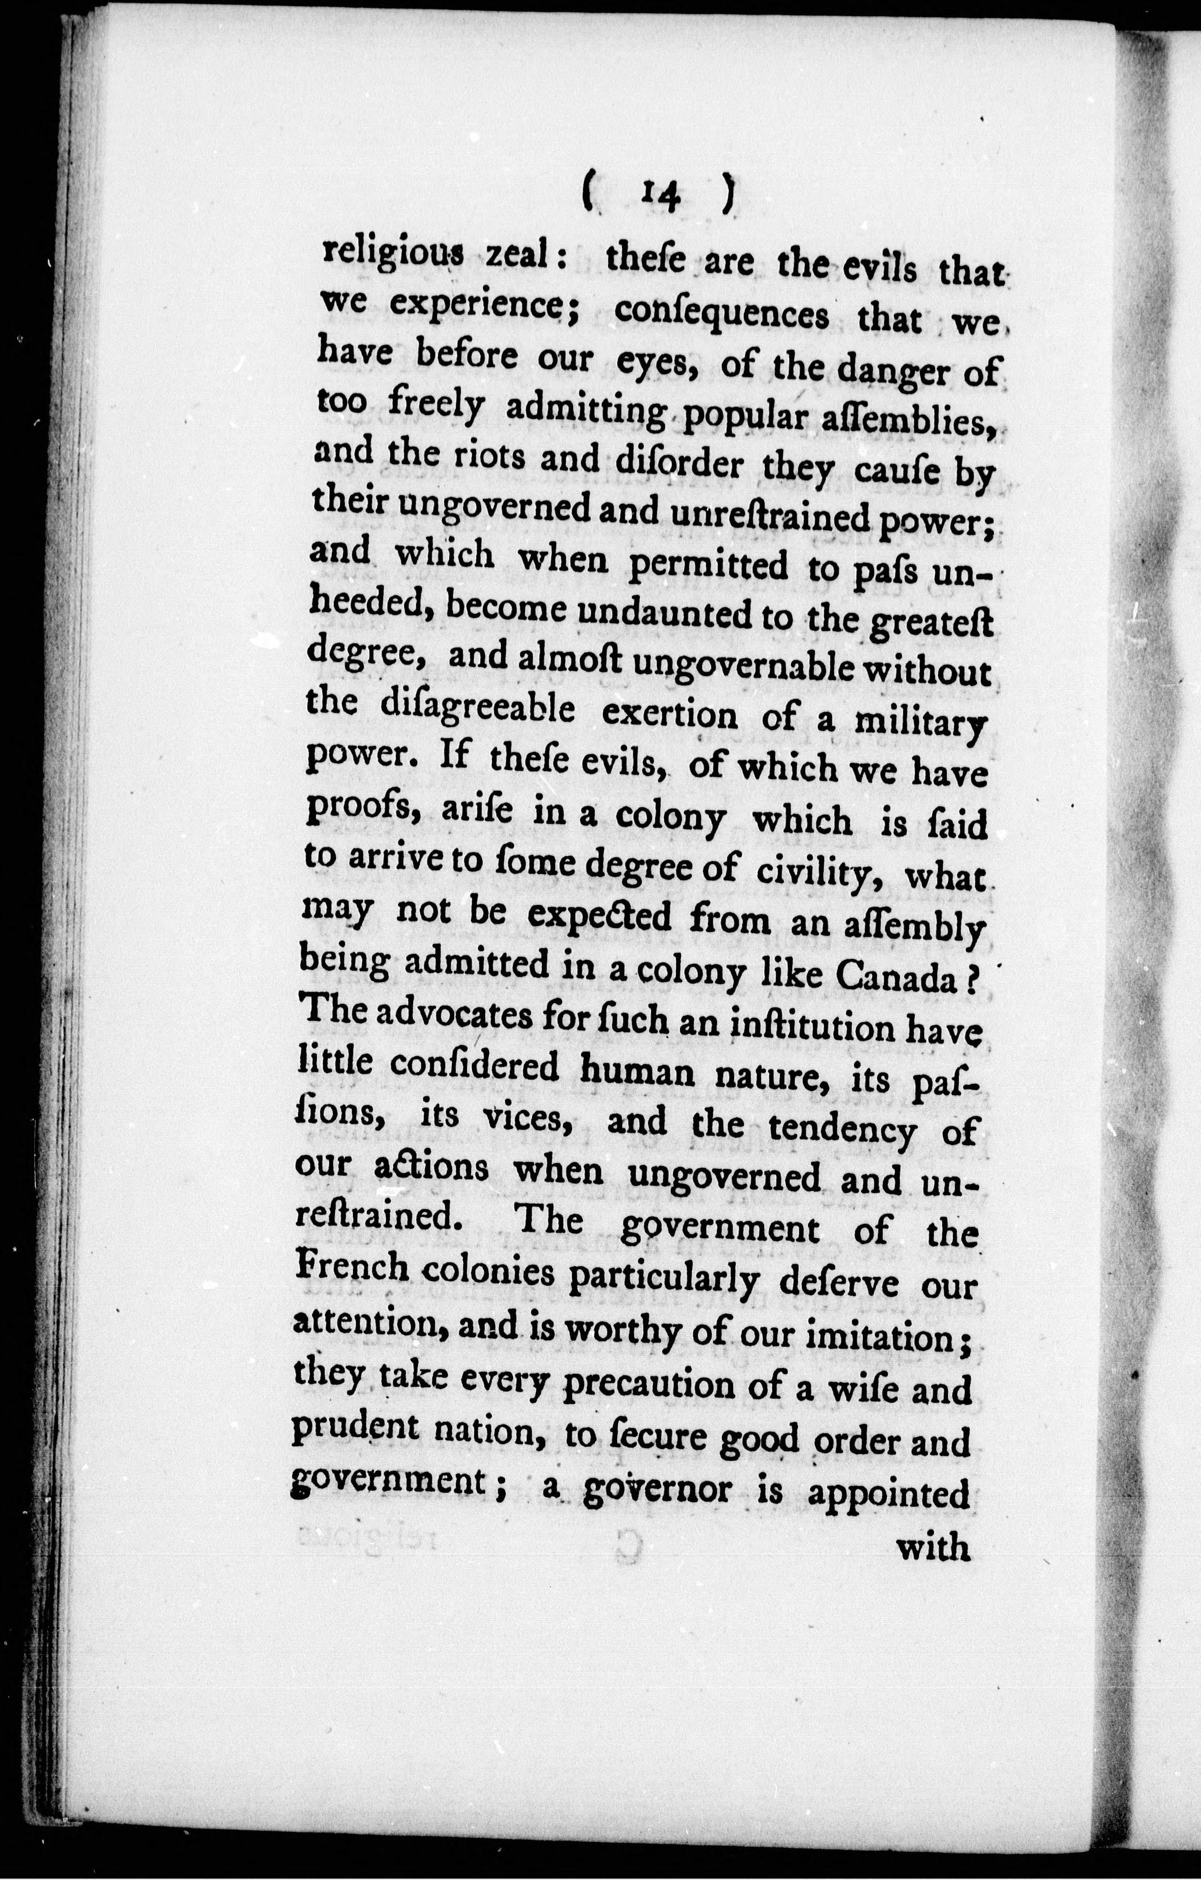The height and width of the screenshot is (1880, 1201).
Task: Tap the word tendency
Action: pyautogui.click(x=842, y=1128)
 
